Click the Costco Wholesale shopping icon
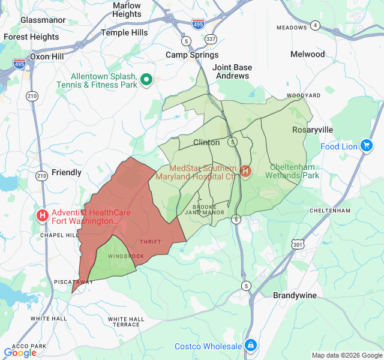point(250,346)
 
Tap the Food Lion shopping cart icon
point(366,146)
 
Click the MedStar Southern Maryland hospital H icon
point(245,172)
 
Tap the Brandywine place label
point(295,296)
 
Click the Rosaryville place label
point(308,130)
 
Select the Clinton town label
point(206,143)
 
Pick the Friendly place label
point(66,172)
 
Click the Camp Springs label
point(188,55)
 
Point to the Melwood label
point(307,54)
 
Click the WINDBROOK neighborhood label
point(126,256)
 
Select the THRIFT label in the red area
point(150,242)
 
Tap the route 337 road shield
point(211,39)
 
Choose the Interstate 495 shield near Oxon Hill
point(20,64)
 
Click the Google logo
point(20,353)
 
